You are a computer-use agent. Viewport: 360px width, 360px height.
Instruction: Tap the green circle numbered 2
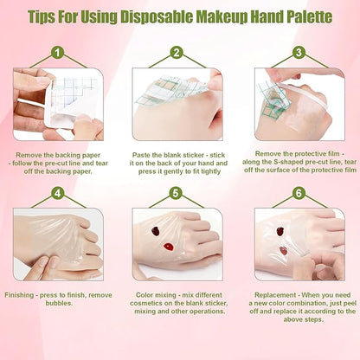point(176,52)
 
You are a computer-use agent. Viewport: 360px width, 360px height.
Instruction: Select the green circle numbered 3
point(299,52)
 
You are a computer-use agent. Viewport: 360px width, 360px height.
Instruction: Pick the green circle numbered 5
point(176,192)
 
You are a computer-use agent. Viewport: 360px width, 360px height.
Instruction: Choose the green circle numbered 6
point(299,192)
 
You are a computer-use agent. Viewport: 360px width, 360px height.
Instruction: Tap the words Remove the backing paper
point(57,153)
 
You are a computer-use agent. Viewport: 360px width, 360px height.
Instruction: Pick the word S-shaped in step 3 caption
point(285,161)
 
